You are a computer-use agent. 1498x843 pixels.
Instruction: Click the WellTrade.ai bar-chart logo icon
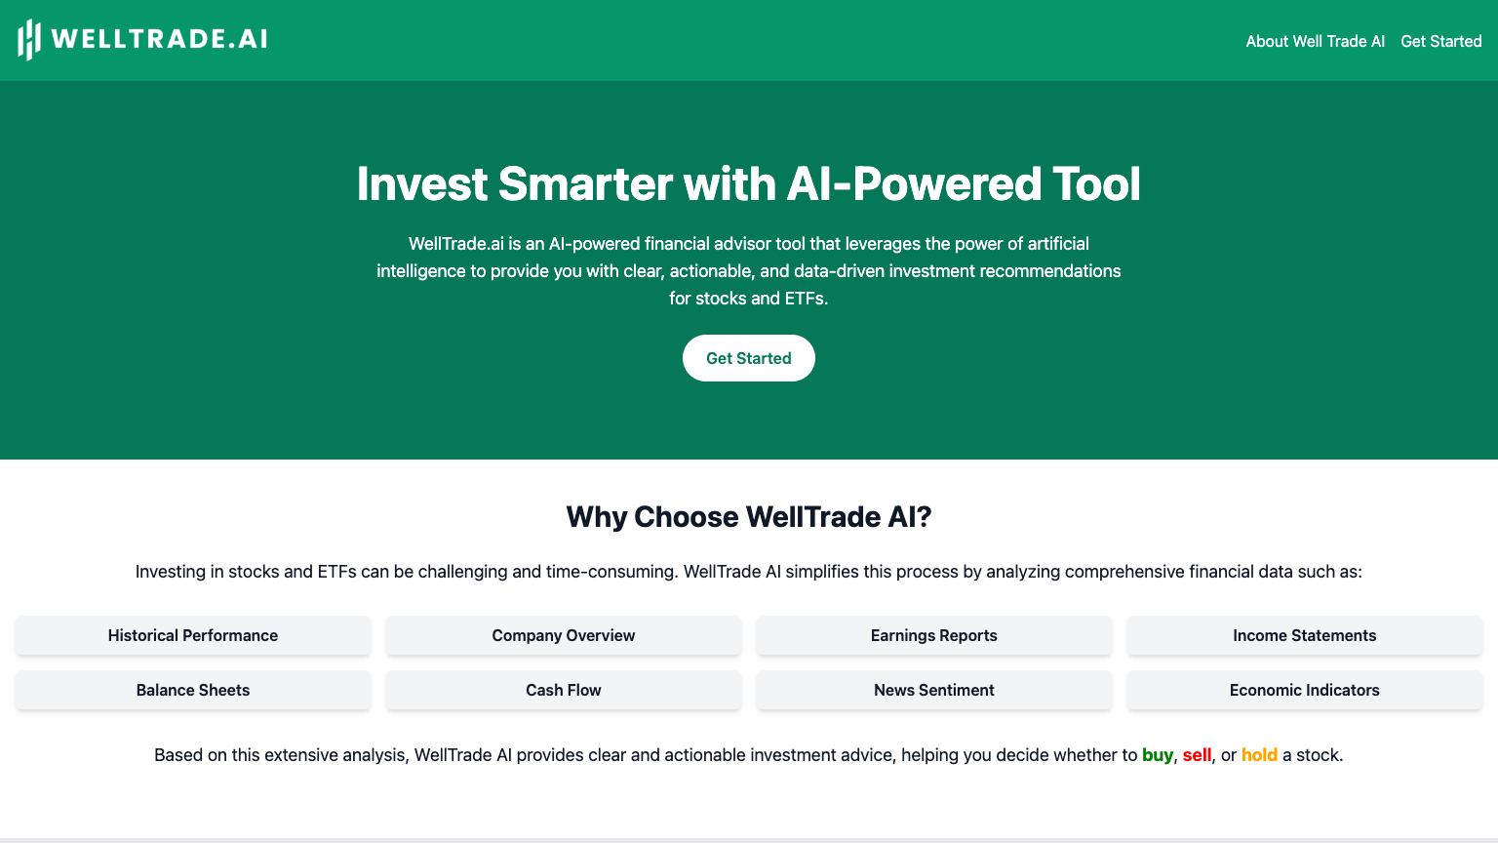29,40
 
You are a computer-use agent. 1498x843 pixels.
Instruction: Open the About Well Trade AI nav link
1315,41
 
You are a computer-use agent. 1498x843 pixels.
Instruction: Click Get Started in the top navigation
1440,41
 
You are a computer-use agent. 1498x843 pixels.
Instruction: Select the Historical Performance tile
193,635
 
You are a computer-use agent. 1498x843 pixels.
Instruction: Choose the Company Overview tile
564,635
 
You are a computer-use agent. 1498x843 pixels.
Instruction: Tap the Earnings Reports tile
934,635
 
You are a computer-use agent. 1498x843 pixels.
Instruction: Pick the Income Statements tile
1305,635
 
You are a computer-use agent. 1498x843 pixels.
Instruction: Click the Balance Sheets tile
193,690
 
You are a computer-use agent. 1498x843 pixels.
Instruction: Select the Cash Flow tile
564,690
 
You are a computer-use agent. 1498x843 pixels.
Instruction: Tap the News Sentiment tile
934,690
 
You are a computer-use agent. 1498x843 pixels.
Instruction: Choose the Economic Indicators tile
1305,690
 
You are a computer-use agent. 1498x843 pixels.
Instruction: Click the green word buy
1158,755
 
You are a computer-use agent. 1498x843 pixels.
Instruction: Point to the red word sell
1197,755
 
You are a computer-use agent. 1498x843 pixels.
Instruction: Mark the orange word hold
1259,755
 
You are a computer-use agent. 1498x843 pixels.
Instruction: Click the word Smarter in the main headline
585,184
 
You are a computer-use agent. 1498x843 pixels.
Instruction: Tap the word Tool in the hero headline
1096,184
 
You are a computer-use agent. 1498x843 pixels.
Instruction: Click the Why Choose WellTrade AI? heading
749,516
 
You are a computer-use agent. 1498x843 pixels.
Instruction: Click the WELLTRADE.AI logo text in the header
159,39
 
